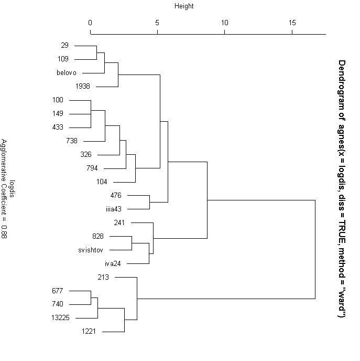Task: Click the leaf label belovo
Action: [67, 73]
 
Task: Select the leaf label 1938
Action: [83, 86]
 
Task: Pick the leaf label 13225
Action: [60, 318]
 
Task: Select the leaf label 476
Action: [116, 195]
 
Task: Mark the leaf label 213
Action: [103, 277]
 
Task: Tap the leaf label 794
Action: [92, 168]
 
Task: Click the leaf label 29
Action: [64, 46]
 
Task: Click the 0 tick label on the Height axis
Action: [90, 23]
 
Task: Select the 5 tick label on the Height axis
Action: [157, 23]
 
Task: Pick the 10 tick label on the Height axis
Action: [225, 23]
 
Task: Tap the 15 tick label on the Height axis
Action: [292, 23]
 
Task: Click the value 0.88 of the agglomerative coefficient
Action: [4, 232]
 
